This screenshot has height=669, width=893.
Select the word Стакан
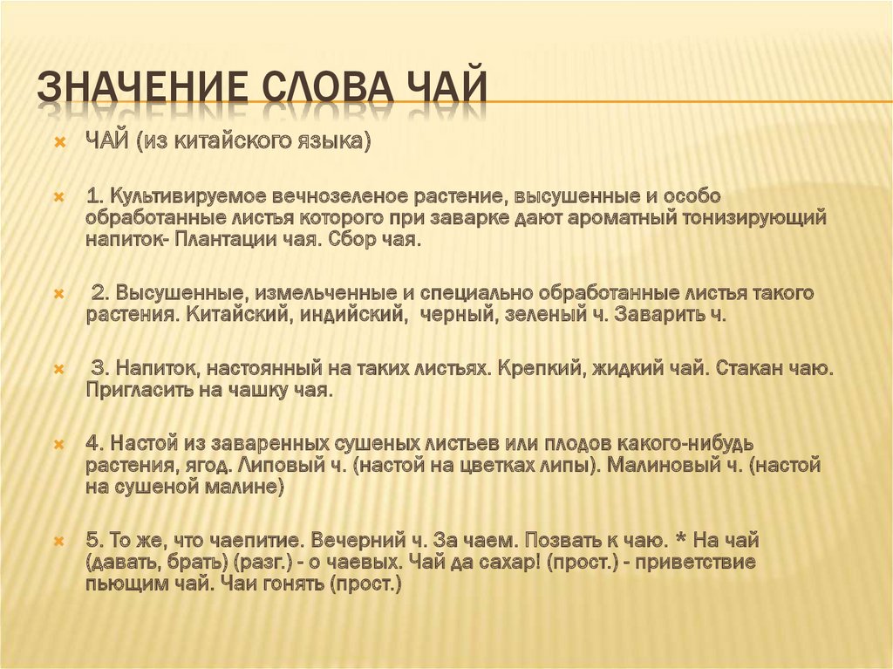click(x=746, y=369)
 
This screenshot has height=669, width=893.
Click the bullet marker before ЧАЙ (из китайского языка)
click(x=60, y=141)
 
